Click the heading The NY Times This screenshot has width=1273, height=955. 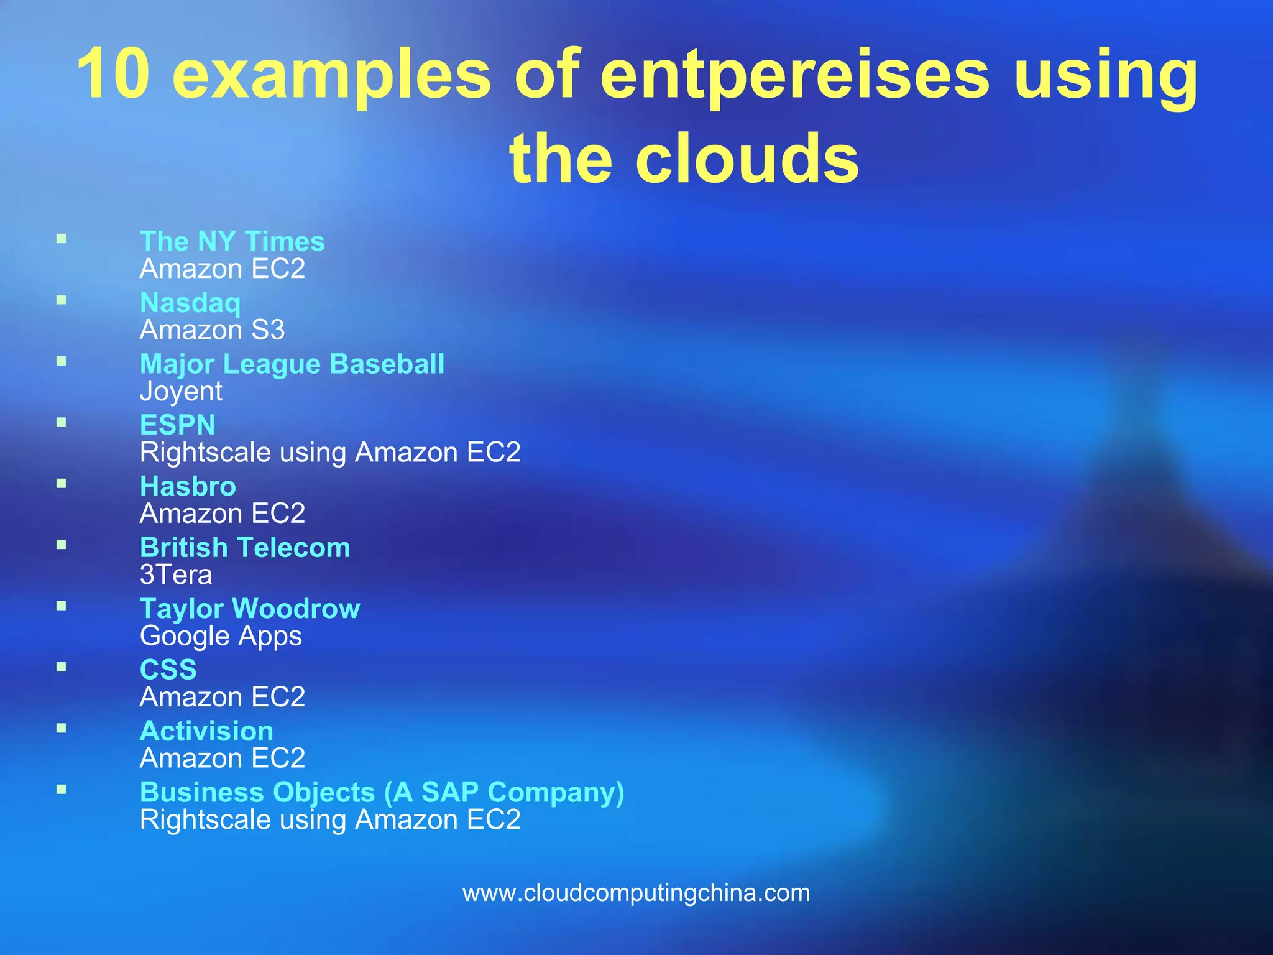coord(232,241)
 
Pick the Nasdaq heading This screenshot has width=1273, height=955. coord(190,303)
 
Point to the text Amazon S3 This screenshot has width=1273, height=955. coord(212,330)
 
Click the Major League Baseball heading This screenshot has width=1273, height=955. coord(292,364)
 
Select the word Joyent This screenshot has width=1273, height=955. coord(181,391)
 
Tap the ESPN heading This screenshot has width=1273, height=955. coord(178,425)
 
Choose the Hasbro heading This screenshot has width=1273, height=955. coord(188,486)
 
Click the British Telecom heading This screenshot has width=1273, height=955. coord(245,548)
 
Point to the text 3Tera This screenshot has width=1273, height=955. coord(176,574)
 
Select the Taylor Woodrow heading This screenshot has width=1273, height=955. coord(250,609)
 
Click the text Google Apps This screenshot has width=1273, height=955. coord(221,636)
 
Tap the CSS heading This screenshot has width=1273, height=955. coord(168,670)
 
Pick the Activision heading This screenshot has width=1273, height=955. coord(206,731)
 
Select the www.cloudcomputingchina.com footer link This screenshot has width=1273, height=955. coord(636,893)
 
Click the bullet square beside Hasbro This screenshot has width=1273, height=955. coord(61,483)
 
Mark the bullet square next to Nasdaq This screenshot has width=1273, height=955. coord(61,300)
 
